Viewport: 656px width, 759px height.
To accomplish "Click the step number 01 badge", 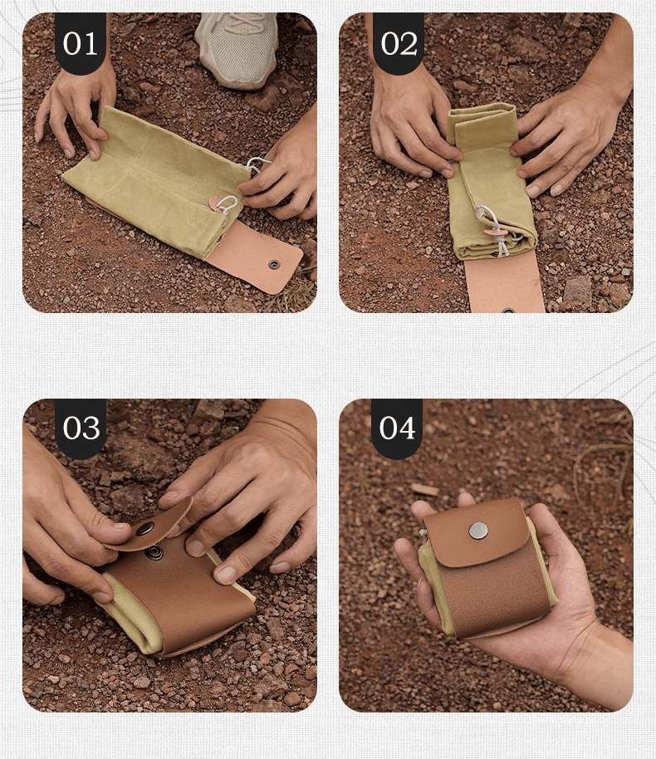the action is pyautogui.click(x=81, y=42).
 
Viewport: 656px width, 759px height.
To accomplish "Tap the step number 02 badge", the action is pyautogui.click(x=399, y=42).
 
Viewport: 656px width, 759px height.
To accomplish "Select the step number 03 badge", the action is pyautogui.click(x=81, y=428).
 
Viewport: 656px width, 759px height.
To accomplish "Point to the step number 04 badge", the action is pyautogui.click(x=397, y=428).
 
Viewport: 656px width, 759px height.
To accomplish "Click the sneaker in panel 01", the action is pyautogui.click(x=237, y=48).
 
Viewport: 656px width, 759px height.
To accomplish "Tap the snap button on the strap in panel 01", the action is pyautogui.click(x=275, y=264).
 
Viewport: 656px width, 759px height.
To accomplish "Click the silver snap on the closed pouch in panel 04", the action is pyautogui.click(x=478, y=531).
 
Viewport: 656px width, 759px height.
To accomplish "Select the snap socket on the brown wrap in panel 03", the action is pyautogui.click(x=155, y=551).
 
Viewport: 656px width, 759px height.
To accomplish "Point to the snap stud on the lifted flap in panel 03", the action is pyautogui.click(x=145, y=529).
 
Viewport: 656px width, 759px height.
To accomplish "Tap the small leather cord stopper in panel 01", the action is pyautogui.click(x=217, y=203).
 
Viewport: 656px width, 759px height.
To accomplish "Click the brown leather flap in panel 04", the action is pyautogui.click(x=477, y=532).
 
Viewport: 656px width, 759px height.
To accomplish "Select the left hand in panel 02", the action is pyautogui.click(x=413, y=124).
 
